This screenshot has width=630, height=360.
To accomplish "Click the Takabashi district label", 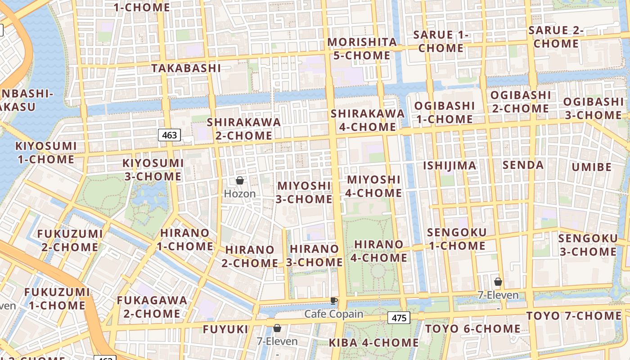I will (x=186, y=68).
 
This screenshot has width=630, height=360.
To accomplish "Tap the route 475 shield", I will (x=399, y=318).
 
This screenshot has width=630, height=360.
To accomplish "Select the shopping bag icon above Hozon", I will (x=240, y=180).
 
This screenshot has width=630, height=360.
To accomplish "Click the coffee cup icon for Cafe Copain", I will (x=333, y=301).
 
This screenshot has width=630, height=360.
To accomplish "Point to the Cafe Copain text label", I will (x=334, y=314).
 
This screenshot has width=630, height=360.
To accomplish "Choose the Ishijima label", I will (x=449, y=166).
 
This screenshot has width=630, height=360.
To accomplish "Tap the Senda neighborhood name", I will (x=523, y=165).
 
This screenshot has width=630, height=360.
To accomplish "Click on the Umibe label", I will (x=592, y=167).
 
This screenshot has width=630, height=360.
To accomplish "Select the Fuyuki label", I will (x=225, y=329).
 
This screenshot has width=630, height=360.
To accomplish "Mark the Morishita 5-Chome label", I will (x=362, y=49).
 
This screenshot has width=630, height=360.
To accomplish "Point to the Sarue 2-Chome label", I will (x=556, y=37).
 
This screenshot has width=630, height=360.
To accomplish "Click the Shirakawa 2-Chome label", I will (x=243, y=129).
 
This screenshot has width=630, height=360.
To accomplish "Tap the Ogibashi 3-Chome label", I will (x=593, y=108).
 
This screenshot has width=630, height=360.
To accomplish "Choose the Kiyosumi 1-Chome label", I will (x=46, y=153).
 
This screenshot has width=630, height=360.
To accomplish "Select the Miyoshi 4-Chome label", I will (x=374, y=186).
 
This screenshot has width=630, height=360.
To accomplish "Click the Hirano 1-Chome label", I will (x=185, y=239).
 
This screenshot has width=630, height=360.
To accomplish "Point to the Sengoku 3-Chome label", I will (x=588, y=245).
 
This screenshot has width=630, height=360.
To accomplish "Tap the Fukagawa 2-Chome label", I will (x=152, y=306).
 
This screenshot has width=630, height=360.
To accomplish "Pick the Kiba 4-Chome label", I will (x=373, y=342).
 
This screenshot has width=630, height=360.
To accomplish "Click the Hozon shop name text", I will (x=240, y=194).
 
